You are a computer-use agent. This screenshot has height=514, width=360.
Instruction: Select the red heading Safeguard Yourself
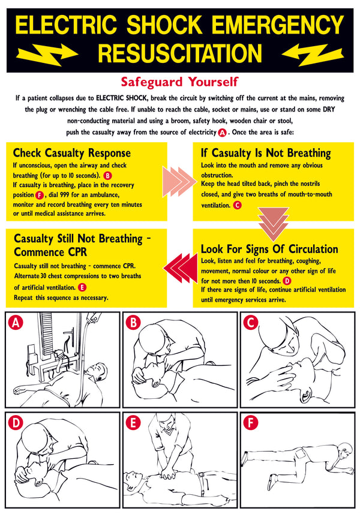[179, 80]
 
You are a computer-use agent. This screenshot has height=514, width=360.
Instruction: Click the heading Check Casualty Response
[71, 153]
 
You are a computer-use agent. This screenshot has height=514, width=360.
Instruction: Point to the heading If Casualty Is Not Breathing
[265, 153]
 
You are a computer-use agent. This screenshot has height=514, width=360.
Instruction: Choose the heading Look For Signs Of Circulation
[269, 249]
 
